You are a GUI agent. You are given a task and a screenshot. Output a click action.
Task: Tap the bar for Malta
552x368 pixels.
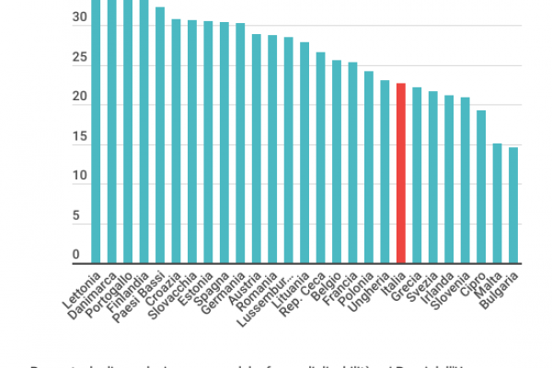pos(497,202)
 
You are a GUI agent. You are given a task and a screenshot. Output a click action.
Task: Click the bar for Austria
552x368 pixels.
pos(257,148)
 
